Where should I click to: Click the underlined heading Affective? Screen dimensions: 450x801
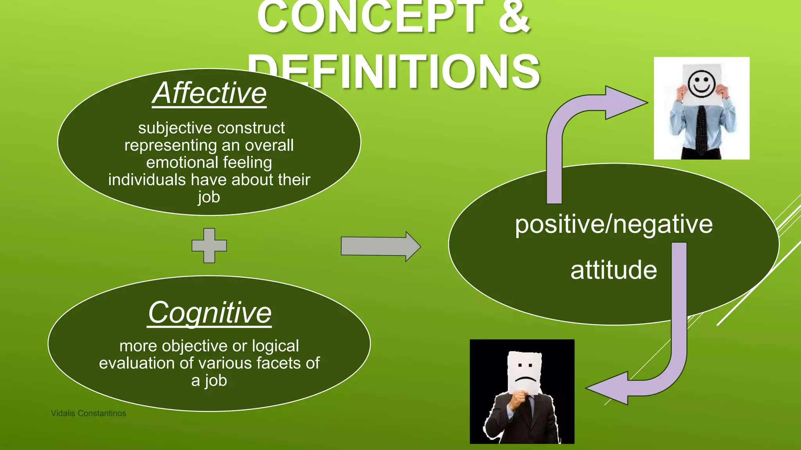pyautogui.click(x=209, y=94)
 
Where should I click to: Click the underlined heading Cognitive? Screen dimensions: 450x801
pyautogui.click(x=210, y=313)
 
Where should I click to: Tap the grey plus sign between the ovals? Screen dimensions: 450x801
pyautogui.click(x=209, y=246)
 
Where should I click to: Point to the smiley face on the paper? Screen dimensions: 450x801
pyautogui.click(x=701, y=84)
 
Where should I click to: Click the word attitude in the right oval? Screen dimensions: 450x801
pyautogui.click(x=613, y=270)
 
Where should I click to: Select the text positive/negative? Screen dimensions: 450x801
pyautogui.click(x=613, y=225)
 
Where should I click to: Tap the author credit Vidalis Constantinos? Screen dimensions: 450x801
pyautogui.click(x=88, y=413)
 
